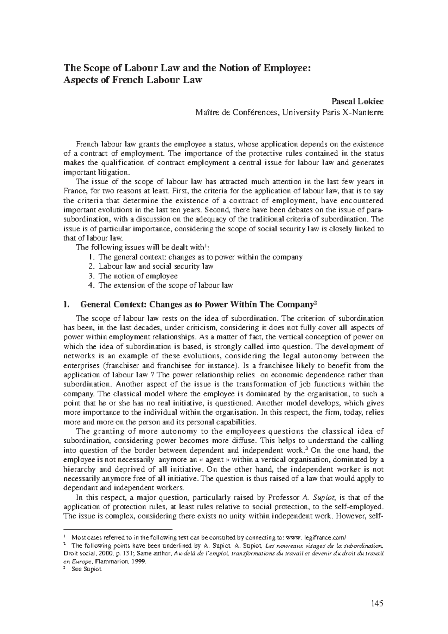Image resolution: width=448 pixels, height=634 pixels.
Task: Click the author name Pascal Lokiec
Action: (357, 102)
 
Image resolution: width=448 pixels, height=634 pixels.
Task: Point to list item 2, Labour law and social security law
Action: (156, 266)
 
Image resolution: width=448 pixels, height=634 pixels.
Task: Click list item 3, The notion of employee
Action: (138, 276)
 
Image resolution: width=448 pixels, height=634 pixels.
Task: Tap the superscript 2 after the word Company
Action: (315, 302)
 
